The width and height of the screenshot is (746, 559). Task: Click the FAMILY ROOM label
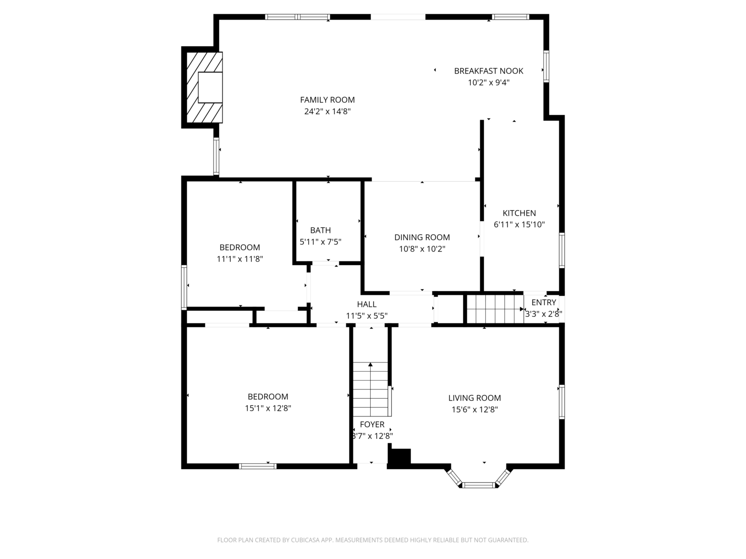327,100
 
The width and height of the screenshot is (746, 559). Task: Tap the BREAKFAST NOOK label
488,71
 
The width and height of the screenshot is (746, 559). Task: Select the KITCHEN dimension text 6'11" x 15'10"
519,225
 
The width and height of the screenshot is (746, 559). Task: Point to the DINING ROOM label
422,237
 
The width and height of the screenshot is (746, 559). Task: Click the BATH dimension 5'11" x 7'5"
320,242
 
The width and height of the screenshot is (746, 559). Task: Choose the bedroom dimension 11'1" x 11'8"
240,259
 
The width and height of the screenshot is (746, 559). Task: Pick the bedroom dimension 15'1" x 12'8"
268,408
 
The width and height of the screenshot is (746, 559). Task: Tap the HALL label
366,304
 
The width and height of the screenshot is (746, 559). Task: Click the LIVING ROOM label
475,398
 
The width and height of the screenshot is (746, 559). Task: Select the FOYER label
372,424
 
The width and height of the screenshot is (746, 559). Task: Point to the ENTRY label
544,302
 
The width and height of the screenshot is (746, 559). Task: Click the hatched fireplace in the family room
205,87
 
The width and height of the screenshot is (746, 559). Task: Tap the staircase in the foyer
371,389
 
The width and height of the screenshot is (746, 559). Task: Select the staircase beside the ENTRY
495,309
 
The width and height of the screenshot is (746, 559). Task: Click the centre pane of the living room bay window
478,485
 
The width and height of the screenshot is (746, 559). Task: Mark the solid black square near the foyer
400,456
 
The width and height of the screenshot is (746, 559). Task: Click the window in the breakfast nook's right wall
546,67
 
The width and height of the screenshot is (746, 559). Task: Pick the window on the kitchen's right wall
562,250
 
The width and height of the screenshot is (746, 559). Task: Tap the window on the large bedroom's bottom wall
258,466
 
